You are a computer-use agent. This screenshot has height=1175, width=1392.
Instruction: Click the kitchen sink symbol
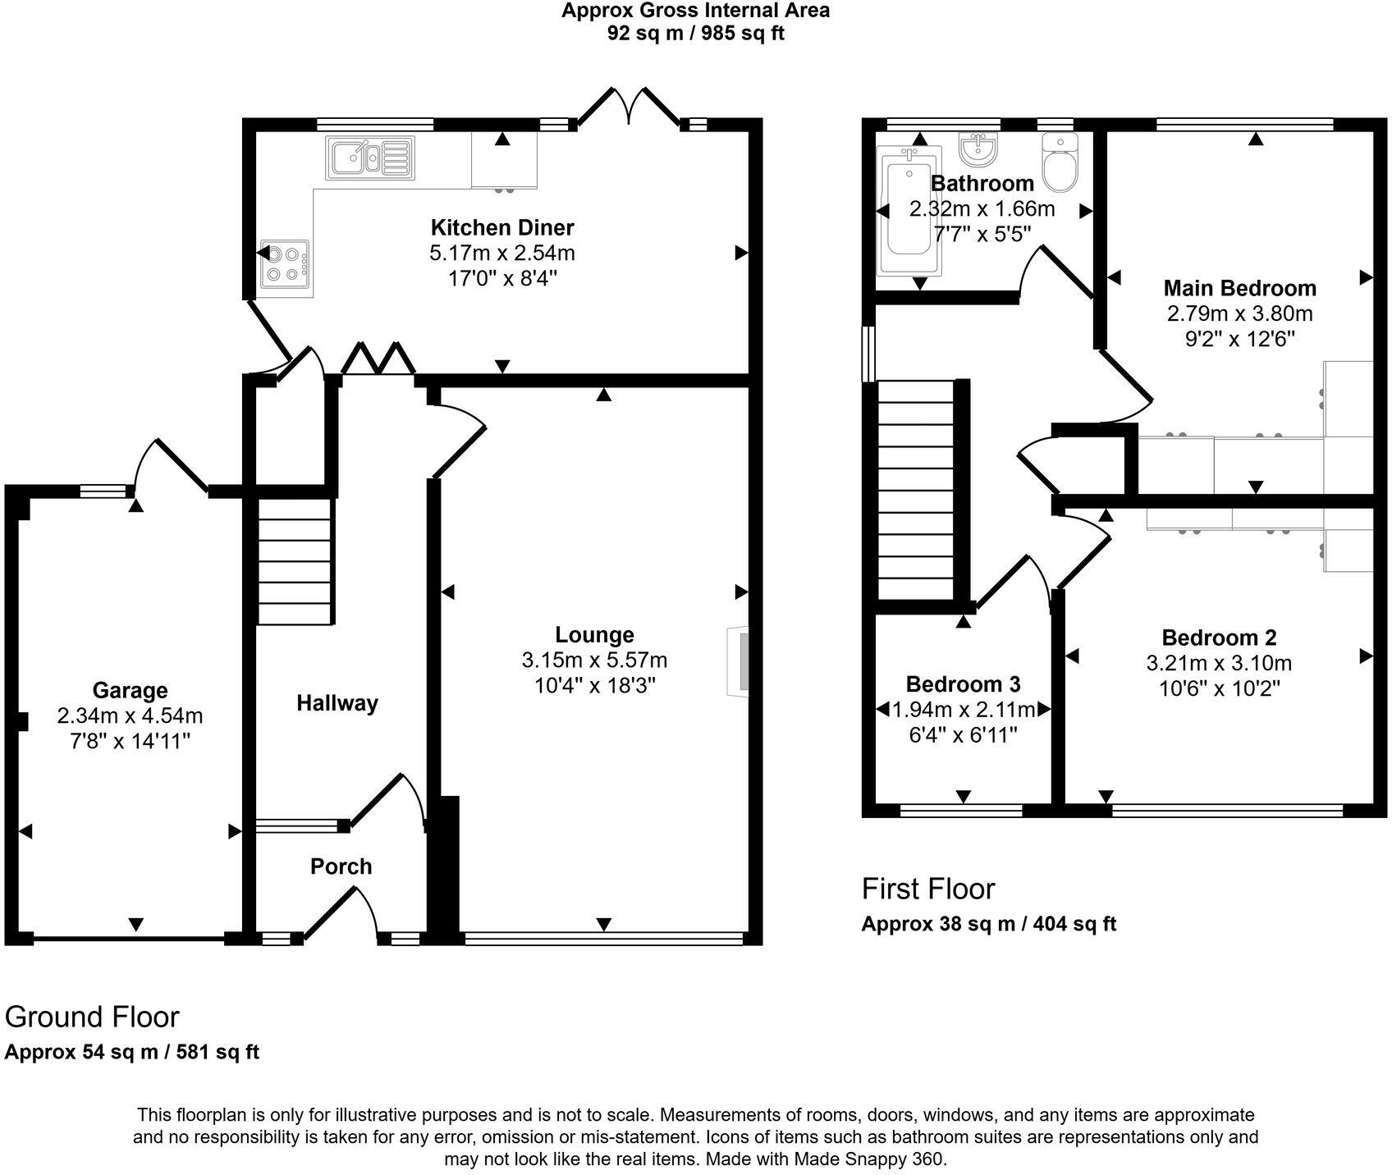tap(371, 158)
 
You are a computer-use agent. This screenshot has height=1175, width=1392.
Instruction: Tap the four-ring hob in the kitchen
tap(285, 264)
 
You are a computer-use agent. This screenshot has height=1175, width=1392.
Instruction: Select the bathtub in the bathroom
tap(909, 210)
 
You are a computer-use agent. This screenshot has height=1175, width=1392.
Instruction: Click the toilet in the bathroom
tap(1062, 162)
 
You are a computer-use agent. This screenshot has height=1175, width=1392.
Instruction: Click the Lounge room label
tap(594, 634)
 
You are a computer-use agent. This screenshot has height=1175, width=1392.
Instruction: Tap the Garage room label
tap(130, 690)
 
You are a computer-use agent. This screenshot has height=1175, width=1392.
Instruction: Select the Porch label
tap(341, 866)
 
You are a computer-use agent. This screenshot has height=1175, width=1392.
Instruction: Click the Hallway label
tap(337, 703)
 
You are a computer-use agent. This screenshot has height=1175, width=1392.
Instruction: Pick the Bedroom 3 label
tap(963, 684)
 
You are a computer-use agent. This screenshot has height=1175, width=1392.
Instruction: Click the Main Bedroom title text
tap(1239, 288)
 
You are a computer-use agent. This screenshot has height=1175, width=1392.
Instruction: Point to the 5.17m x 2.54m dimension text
tap(502, 253)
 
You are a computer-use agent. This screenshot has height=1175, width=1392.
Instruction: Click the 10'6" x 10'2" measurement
tap(1219, 688)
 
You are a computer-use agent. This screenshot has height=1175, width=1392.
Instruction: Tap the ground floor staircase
tap(296, 562)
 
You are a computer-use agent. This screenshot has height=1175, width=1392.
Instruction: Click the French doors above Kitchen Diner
tap(629, 108)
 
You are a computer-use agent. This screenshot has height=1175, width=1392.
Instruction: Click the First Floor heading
tap(927, 889)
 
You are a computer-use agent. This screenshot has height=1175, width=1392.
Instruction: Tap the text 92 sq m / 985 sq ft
tap(695, 34)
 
